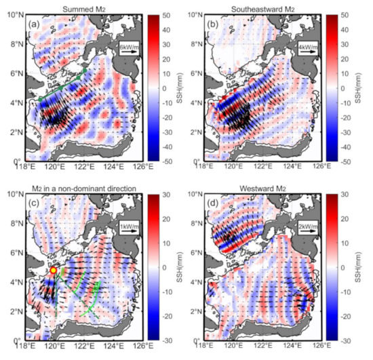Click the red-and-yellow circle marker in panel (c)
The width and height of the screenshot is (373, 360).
click(54, 270)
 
